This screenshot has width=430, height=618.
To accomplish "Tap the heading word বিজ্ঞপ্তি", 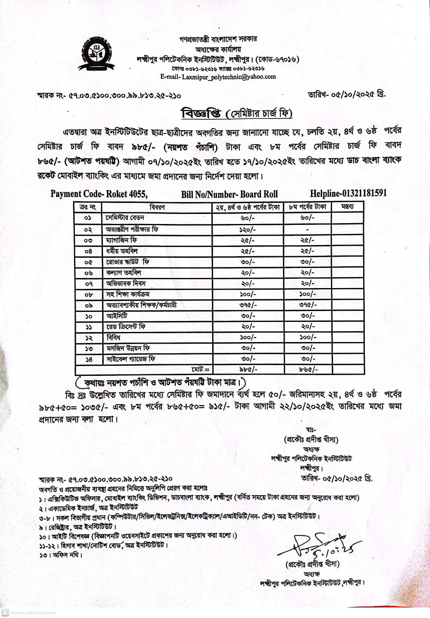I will [201, 113].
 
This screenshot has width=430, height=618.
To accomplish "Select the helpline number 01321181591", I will [348, 193].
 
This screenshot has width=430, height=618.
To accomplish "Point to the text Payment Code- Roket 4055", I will [99, 194].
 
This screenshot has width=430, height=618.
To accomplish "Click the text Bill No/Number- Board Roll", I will [229, 194].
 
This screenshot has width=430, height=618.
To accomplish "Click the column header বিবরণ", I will [157, 207].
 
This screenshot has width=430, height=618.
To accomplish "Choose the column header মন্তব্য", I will [347, 207].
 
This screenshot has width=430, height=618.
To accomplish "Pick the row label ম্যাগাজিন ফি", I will [122, 240].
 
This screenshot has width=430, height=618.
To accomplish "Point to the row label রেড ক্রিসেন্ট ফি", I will [126, 327].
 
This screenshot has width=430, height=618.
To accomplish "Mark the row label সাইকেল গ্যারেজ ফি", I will [131, 359].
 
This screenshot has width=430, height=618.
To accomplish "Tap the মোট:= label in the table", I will [201, 369].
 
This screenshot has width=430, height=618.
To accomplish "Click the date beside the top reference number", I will [346, 94].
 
